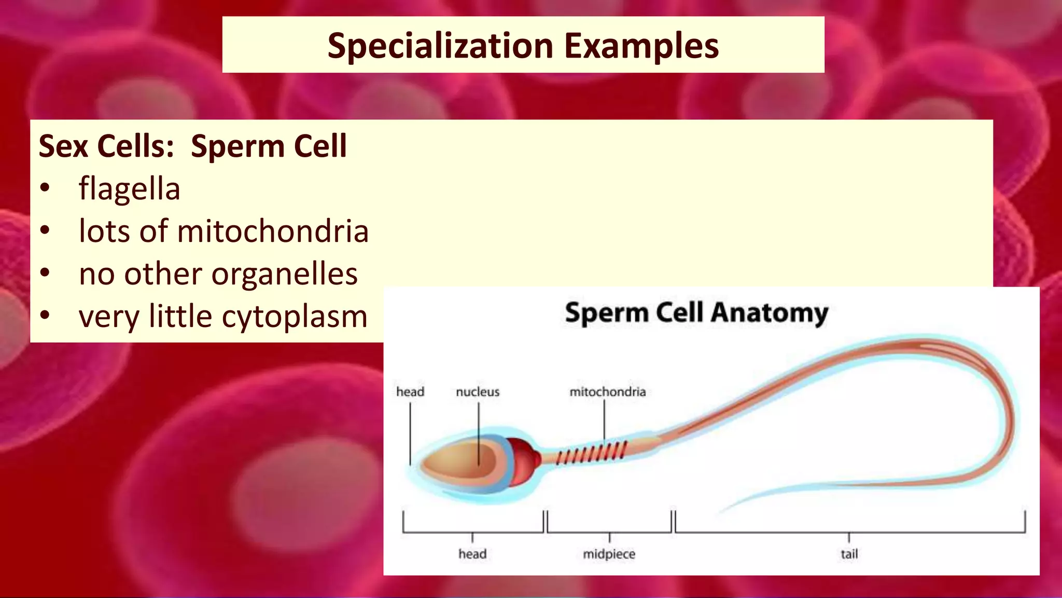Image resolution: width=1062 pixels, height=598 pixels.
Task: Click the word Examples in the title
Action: [x=641, y=46]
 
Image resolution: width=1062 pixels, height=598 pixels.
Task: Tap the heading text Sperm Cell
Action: [x=269, y=146]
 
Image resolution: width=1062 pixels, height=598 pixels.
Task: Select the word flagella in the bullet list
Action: [x=129, y=188]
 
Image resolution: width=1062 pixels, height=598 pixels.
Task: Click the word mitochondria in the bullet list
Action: [x=273, y=231]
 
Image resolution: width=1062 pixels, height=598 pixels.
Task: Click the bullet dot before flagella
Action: [x=45, y=188]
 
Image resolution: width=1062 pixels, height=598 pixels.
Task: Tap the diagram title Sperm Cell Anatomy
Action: [x=696, y=313]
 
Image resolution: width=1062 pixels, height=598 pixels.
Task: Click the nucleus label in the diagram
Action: [x=478, y=392]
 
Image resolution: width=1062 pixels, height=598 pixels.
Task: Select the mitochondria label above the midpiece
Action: [x=607, y=392]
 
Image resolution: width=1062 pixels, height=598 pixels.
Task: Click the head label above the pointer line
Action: [x=410, y=392]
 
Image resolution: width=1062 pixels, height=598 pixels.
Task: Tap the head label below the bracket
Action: [x=472, y=554]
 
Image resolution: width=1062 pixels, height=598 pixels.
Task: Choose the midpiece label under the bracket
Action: [x=609, y=554]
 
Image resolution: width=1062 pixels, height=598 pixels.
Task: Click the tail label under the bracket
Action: [x=849, y=554]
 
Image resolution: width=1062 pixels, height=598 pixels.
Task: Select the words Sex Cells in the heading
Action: [x=106, y=146]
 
